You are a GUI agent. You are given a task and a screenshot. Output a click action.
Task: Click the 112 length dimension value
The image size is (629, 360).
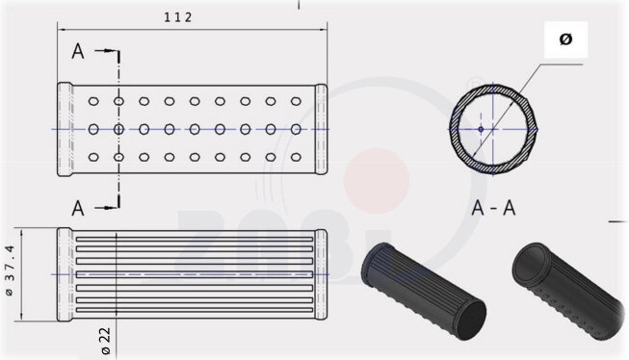[178, 16]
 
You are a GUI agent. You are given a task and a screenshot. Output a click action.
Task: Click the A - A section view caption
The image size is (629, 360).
[496, 206]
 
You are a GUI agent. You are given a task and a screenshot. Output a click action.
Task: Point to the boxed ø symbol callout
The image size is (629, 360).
[565, 39]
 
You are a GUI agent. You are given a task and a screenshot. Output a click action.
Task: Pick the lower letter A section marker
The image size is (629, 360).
[78, 205]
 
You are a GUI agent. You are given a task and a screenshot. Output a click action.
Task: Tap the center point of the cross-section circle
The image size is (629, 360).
[482, 128]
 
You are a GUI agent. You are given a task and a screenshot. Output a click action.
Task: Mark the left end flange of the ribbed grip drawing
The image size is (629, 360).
[65, 273]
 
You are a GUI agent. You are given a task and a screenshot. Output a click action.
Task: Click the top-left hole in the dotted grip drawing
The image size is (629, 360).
[92, 100]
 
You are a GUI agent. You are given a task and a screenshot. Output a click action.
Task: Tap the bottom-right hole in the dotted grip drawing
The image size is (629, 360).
[295, 157]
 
